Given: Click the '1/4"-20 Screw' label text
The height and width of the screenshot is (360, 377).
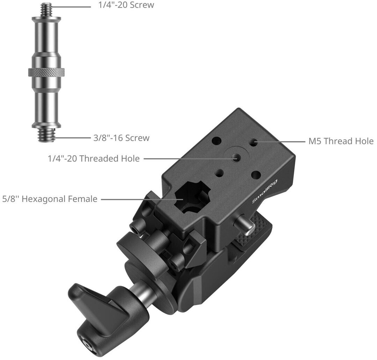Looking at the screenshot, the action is pos(126,5).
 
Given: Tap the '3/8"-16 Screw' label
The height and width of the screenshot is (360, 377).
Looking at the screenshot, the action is pos(121,138).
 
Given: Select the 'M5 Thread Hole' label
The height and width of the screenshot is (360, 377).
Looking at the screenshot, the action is pos(341,141).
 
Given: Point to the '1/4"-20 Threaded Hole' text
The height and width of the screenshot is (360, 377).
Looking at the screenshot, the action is pos(94,159).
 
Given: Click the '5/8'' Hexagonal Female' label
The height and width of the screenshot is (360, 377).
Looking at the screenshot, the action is pos(50,199).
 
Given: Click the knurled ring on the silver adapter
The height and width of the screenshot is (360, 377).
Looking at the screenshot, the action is pos(46,72).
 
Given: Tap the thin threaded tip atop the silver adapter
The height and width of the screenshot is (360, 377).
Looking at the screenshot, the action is pos(46,10).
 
